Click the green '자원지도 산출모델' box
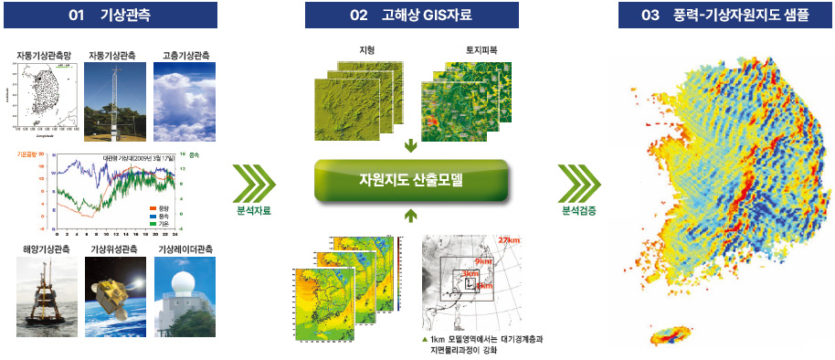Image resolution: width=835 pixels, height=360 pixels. click(x=411, y=179)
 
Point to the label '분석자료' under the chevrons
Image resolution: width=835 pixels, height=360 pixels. click(x=252, y=211)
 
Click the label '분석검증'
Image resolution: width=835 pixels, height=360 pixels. click(x=577, y=211)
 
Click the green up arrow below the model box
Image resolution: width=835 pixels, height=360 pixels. click(x=411, y=216)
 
